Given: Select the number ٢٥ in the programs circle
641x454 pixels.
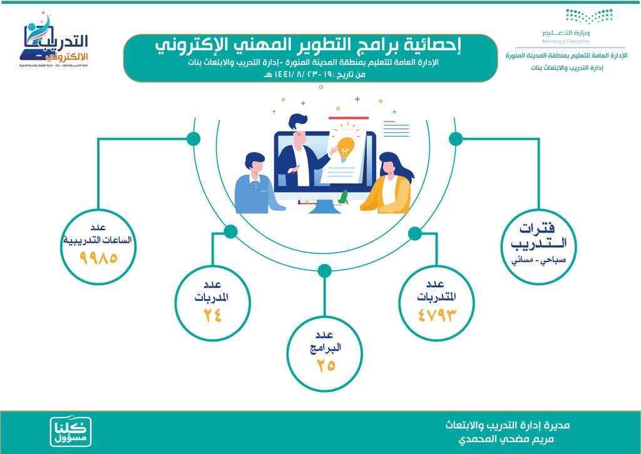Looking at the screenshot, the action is click(325, 364).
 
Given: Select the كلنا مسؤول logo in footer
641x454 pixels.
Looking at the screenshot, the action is click(71, 431).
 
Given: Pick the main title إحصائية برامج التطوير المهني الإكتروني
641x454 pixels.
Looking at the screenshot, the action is click(310, 46).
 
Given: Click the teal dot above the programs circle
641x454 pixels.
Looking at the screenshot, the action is click(324, 271).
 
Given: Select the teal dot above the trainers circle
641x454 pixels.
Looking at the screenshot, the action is click(230, 232).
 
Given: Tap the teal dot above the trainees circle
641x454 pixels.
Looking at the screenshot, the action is click(414, 234).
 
